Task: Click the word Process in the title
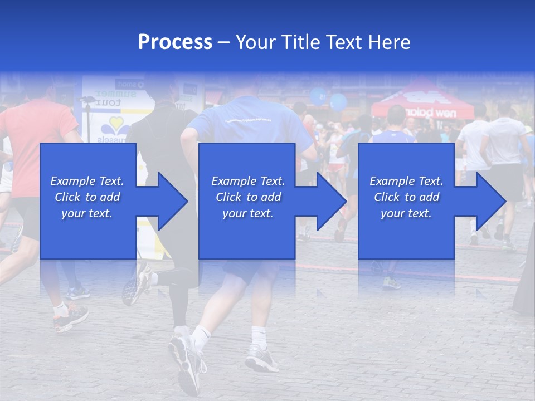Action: coord(175,42)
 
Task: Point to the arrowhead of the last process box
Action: coord(489,201)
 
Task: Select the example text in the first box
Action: coord(87,197)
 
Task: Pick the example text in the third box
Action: coord(406,197)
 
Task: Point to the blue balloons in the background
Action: coord(329,99)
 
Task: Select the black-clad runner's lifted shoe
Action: coord(137,284)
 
